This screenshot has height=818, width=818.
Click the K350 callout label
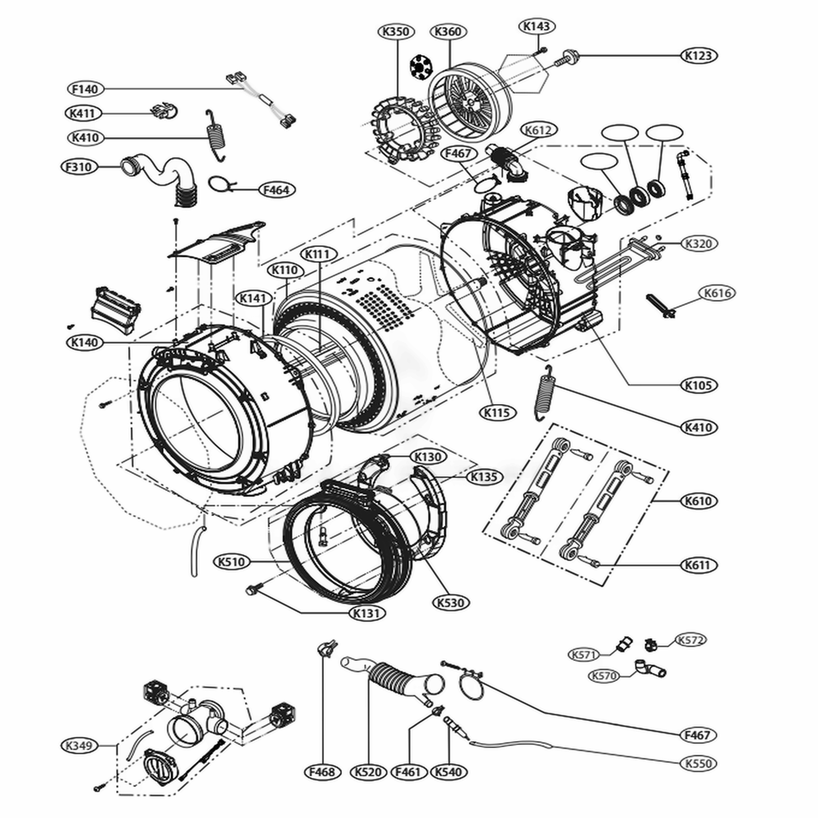[396, 32]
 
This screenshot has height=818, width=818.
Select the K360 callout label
[447, 32]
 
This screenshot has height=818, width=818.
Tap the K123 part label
[700, 56]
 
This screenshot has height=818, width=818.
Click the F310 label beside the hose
[80, 166]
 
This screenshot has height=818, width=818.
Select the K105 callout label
[700, 384]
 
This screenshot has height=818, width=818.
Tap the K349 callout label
[80, 745]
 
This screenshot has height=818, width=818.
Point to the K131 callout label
[367, 613]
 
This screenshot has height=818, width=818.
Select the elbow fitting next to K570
[652, 671]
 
